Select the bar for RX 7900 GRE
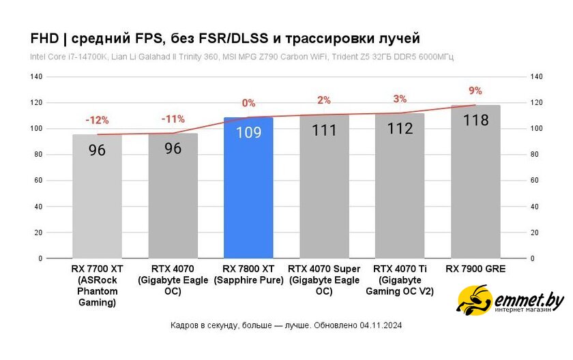click(475, 191)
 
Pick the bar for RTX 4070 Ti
click(400, 194)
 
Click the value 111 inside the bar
click(324, 130)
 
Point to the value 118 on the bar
click(475, 121)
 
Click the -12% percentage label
click(97, 120)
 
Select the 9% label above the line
click(475, 91)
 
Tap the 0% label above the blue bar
click(248, 103)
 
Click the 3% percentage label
click(400, 99)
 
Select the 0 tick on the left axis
click(40, 259)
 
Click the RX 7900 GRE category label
click(475, 269)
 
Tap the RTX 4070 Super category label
click(324, 280)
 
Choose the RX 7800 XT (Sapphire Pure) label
click(248, 275)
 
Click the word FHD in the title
click(44, 37)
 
